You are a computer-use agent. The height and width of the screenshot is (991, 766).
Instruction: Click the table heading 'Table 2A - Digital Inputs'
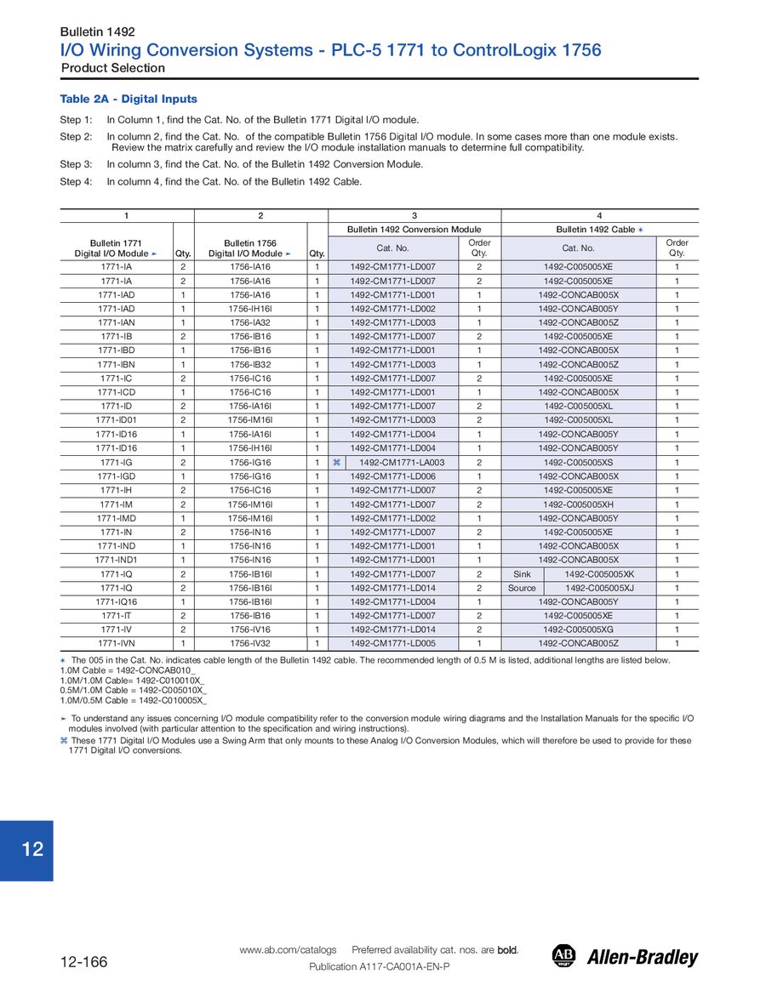(129, 100)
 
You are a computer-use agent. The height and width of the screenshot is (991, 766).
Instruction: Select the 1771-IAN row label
(116, 322)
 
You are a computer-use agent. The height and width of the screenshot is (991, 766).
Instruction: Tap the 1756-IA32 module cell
(249, 322)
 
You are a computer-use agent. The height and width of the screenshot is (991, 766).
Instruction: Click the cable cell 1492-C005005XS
(578, 463)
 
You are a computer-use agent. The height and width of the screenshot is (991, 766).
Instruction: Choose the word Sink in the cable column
(522, 574)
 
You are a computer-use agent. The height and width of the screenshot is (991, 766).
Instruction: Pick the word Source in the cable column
(522, 588)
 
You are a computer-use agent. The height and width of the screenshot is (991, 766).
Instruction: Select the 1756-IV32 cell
(249, 644)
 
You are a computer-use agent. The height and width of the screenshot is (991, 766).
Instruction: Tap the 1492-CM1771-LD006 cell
(393, 476)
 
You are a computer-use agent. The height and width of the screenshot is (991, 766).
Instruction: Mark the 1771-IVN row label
(116, 644)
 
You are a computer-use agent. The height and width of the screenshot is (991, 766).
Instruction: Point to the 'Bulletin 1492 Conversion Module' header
(414, 230)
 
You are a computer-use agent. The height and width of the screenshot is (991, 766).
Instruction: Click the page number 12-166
(83, 962)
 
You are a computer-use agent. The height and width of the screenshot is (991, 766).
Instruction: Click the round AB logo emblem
(563, 956)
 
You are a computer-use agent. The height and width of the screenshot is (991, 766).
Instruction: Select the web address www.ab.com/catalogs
(288, 949)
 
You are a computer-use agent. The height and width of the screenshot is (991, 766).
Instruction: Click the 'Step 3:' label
(76, 164)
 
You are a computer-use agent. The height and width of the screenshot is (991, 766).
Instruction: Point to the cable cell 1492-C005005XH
(578, 504)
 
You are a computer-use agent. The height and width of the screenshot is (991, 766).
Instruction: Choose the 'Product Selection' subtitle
(113, 68)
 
